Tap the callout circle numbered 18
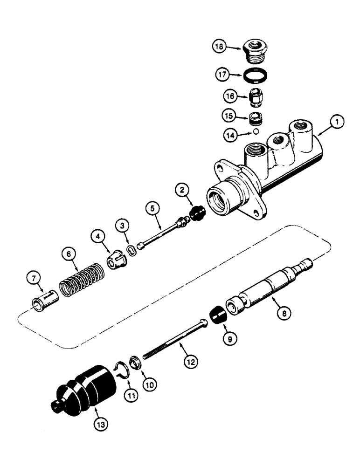pyautogui.click(x=220, y=48)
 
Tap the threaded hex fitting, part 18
pyautogui.click(x=256, y=48)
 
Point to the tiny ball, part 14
pyautogui.click(x=256, y=132)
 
